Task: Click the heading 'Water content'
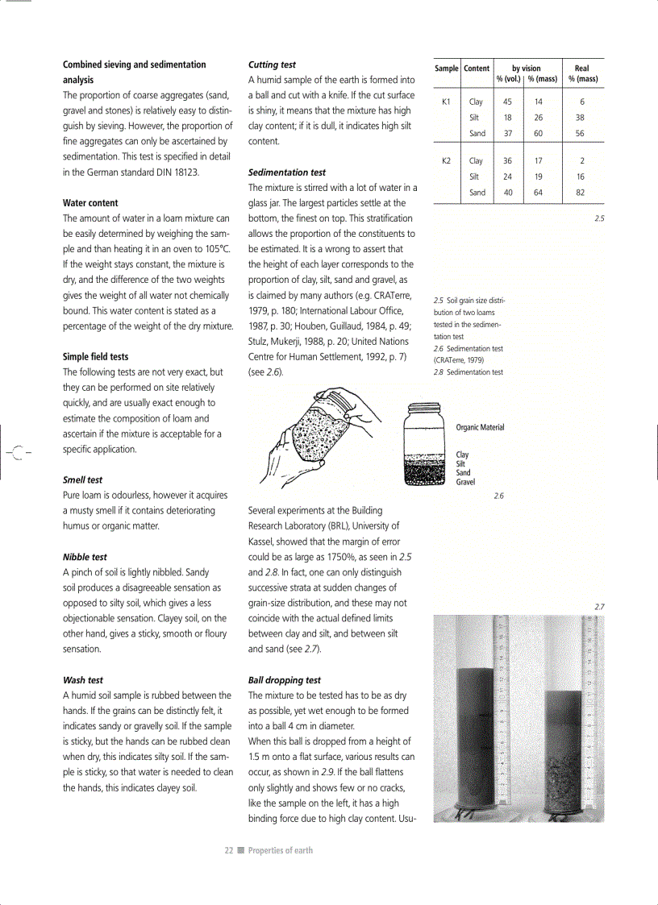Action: click(90, 203)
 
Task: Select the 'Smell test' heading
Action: click(84, 479)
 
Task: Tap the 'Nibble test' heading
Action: click(85, 557)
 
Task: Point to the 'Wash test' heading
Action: click(83, 680)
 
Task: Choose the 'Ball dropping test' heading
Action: click(285, 680)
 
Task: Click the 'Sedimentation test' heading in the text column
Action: click(287, 172)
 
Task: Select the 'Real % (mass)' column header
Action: click(582, 74)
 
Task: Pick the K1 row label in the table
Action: click(446, 102)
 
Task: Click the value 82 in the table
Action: click(581, 193)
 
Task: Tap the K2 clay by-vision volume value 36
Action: click(507, 161)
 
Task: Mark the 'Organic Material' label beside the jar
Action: click(480, 427)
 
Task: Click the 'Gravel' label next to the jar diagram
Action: click(465, 482)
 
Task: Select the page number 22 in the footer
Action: click(229, 850)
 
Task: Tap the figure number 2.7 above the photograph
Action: click(599, 606)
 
